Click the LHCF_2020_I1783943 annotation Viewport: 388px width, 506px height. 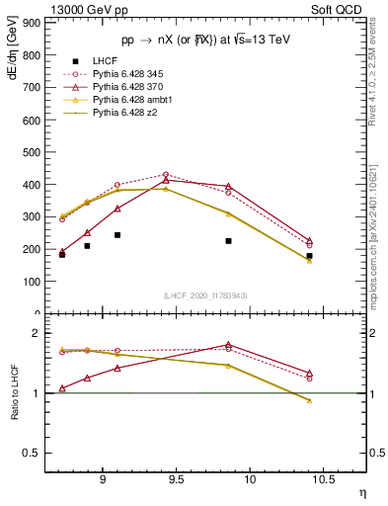tap(206, 295)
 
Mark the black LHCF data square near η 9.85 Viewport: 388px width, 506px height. tap(228, 240)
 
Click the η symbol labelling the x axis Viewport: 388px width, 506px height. tap(362, 491)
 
